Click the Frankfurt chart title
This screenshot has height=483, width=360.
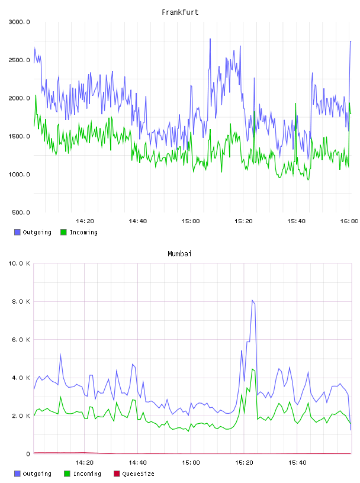[180, 12]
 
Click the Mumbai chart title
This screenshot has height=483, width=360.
[179, 254]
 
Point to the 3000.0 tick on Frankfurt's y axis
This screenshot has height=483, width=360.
[19, 22]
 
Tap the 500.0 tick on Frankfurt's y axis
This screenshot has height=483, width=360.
[21, 212]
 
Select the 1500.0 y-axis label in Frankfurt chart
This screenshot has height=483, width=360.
[19, 136]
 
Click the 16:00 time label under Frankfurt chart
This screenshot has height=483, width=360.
[349, 221]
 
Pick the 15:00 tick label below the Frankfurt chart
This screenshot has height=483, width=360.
[191, 221]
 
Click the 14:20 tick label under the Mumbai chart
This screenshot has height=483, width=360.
[85, 463]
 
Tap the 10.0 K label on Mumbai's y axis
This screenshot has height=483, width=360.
[19, 263]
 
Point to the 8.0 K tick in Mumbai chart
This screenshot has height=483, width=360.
[21, 301]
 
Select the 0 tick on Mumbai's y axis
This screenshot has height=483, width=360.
[28, 454]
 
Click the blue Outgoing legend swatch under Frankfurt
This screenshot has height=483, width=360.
[17, 232]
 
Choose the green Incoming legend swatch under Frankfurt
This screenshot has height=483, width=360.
[63, 232]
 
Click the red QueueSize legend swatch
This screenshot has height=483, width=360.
[117, 474]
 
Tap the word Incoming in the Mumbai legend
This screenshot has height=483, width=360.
[87, 474]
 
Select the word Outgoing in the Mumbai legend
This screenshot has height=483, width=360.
[37, 474]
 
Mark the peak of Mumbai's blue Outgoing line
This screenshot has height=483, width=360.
[252, 300]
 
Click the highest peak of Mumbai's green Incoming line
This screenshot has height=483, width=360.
[252, 369]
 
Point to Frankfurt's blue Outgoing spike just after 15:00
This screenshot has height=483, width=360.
[191, 86]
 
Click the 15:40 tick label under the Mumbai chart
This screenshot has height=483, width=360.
[297, 463]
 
